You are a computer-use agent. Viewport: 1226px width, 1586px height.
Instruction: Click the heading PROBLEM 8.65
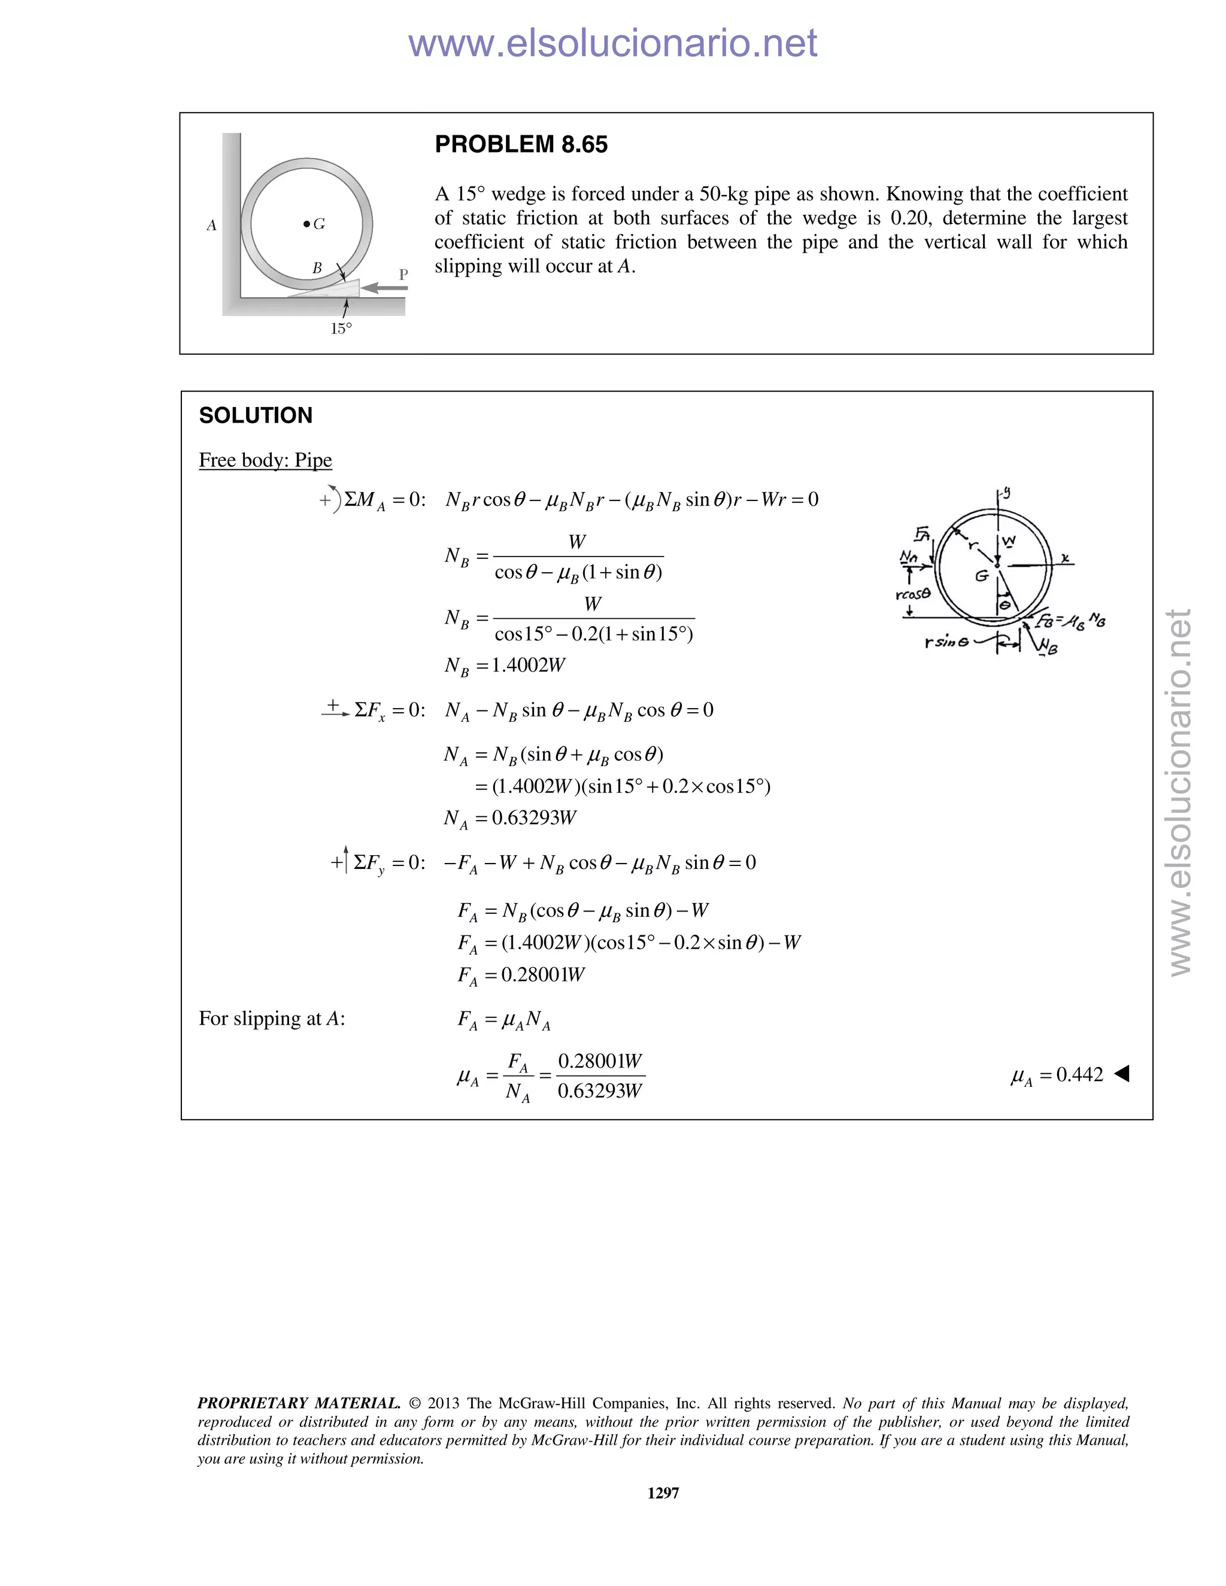521,144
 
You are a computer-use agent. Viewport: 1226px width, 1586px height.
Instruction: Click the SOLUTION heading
256,415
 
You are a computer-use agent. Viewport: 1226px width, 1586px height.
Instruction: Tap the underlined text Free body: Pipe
265,460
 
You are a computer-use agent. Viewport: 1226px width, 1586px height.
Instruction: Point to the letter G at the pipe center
319,224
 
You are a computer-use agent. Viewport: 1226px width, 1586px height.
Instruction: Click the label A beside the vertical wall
211,225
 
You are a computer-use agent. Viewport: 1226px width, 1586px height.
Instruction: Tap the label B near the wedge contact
317,268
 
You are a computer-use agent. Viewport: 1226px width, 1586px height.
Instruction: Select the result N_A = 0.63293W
510,818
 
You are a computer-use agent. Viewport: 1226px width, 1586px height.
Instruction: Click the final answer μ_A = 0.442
1057,1075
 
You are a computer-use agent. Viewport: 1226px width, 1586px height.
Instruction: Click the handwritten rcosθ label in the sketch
913,594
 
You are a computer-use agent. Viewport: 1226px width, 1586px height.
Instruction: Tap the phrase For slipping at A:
272,1019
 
